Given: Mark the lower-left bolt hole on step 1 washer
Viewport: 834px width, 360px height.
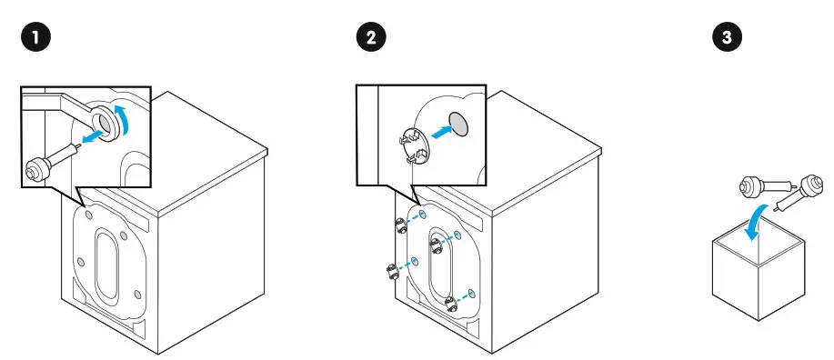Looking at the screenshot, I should [83, 261].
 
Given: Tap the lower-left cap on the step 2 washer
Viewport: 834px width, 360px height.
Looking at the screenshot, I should [390, 271].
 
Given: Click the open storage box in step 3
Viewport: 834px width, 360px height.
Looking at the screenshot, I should [758, 273].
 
